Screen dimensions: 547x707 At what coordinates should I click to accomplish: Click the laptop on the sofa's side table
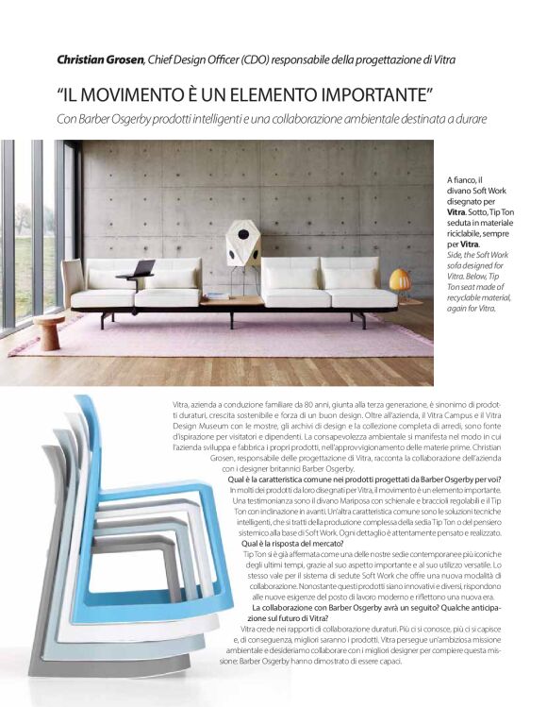click(142, 268)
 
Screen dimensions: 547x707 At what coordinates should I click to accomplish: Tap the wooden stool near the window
click(49, 331)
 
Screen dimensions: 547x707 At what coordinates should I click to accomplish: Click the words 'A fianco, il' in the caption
click(465, 179)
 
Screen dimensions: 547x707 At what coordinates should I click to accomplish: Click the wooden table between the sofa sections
click(232, 301)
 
